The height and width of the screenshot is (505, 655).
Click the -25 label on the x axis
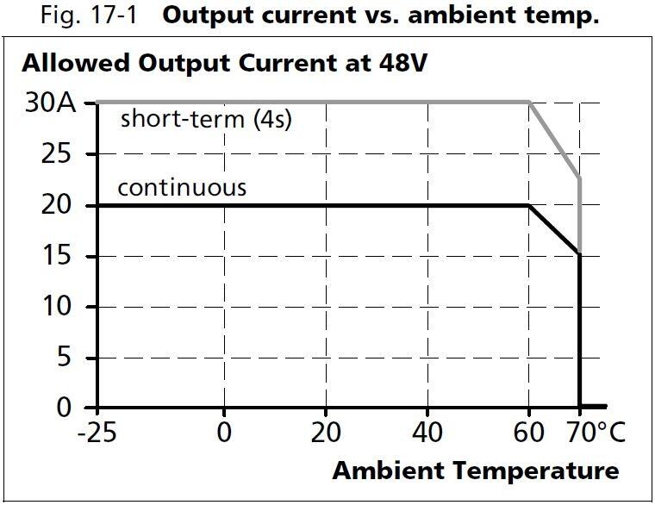point(97,432)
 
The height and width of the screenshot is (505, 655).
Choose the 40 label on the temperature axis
point(427,432)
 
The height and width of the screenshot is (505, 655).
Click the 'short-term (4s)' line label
point(206,119)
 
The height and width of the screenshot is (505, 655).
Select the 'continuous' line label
point(182,187)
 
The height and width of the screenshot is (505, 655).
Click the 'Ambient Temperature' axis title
point(475,471)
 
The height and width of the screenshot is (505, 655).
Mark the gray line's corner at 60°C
point(529,103)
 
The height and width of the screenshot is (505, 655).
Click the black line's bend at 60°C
point(529,206)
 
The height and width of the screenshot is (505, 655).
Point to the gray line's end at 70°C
point(579,178)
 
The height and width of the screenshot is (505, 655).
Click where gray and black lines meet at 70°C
point(579,253)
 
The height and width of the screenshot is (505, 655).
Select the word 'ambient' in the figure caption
point(471,16)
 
